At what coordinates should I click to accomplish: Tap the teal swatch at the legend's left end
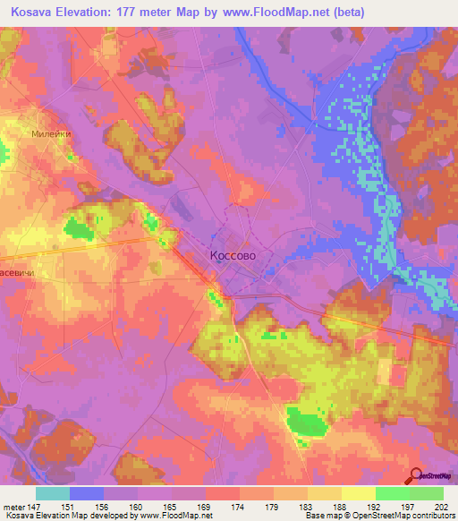pyautogui.click(x=53, y=493)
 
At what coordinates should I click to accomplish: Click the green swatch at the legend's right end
pyautogui.click(x=427, y=493)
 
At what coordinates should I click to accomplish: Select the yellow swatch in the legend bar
pyautogui.click(x=358, y=493)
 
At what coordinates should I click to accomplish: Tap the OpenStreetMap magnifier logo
pyautogui.click(x=415, y=475)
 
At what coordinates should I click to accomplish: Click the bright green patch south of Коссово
pyautogui.click(x=305, y=421)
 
